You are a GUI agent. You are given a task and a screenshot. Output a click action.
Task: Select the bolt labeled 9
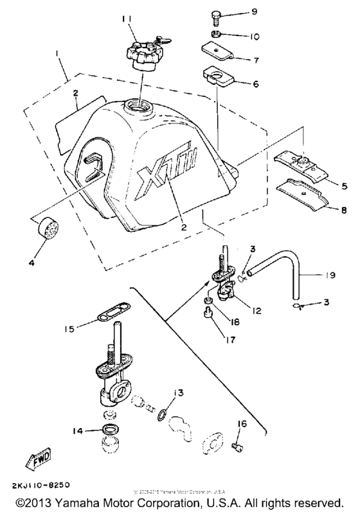click(216, 13)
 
